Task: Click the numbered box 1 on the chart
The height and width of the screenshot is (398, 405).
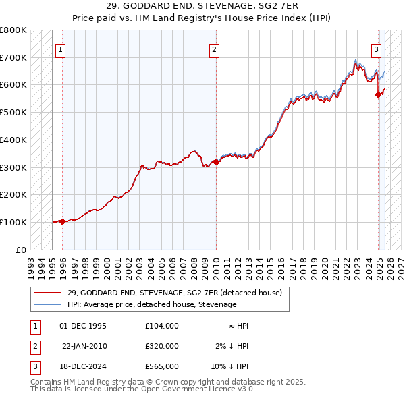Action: pos(61,49)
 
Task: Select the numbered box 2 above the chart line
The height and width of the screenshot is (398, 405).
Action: pos(214,49)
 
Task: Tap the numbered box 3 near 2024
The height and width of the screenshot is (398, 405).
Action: pos(375,49)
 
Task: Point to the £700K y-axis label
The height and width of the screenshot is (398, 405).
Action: pos(13,57)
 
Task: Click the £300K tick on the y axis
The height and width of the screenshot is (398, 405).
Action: pos(13,167)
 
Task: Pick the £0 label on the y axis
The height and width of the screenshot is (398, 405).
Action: pos(21,250)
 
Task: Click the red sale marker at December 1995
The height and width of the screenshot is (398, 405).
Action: pos(62,221)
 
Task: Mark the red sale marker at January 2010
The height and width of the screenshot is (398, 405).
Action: pos(216,162)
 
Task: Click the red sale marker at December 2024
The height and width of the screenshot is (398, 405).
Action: pos(378,95)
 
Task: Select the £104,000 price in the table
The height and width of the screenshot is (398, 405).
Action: pos(161,326)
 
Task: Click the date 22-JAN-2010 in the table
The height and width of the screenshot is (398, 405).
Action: pos(84,346)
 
